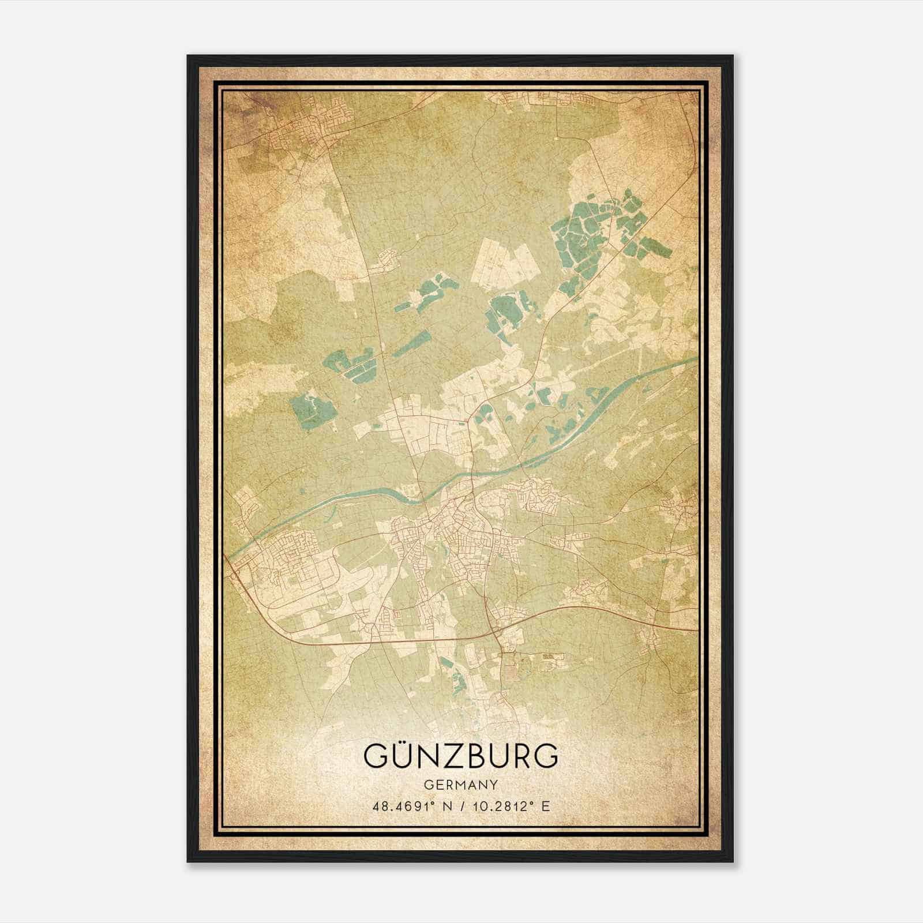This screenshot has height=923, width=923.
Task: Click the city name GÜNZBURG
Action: [461, 756]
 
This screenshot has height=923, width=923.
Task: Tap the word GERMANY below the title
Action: [461, 785]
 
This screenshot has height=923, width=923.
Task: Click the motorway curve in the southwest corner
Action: [254, 600]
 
